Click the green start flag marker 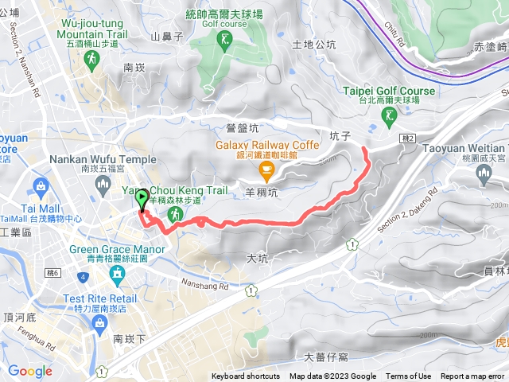click(x=142, y=200)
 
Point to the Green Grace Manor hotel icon click(x=118, y=275)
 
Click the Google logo click(x=30, y=371)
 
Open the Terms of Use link click(x=408, y=376)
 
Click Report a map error click(x=472, y=376)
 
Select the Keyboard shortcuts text click(x=246, y=376)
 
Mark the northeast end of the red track click(x=364, y=148)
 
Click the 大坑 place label click(x=258, y=258)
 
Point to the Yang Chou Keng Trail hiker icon click(x=178, y=214)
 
